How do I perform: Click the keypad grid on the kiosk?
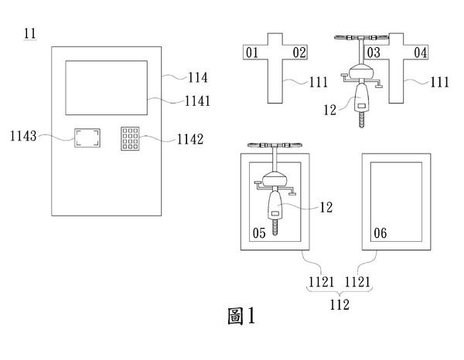tap(130, 139)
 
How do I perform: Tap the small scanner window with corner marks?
tap(87, 139)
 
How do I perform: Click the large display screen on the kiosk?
tap(106, 87)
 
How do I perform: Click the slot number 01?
tap(251, 53)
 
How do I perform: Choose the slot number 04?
tap(421, 53)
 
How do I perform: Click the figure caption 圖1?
tap(241, 316)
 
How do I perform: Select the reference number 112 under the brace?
tap(337, 304)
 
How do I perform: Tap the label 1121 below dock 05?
tap(318, 284)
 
